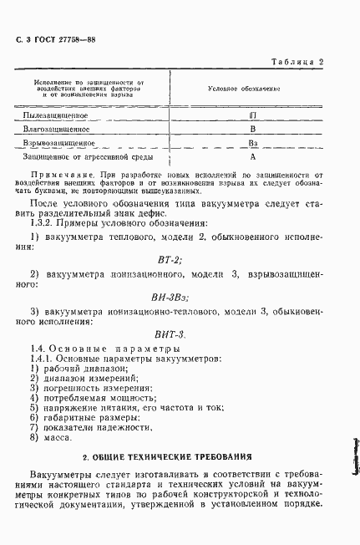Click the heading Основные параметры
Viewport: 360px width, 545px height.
(111, 348)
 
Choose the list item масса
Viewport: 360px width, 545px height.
(61, 438)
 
